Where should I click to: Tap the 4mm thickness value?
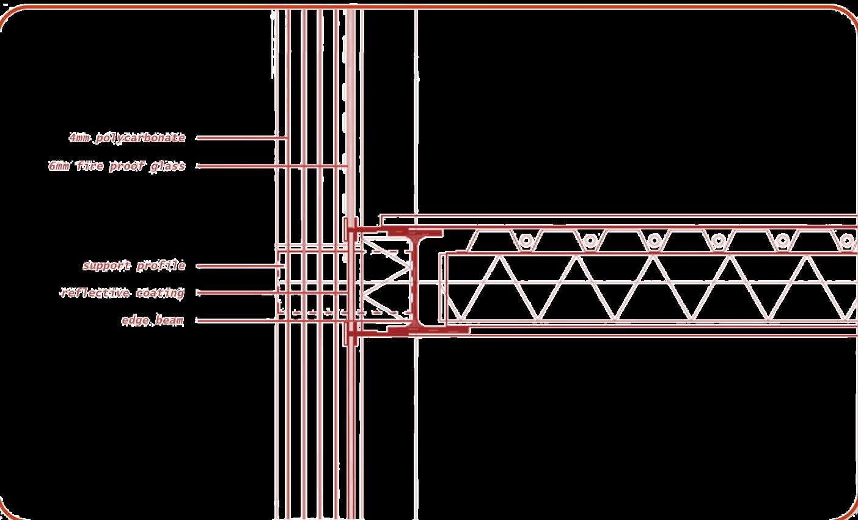tap(79, 139)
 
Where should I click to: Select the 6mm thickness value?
tap(59, 166)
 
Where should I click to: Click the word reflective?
tap(95, 293)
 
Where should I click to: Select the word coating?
tap(159, 293)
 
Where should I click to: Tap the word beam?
tap(169, 320)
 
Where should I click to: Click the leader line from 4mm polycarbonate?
tap(241, 138)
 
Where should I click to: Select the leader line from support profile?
tap(238, 266)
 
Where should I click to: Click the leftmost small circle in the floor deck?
tap(526, 241)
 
